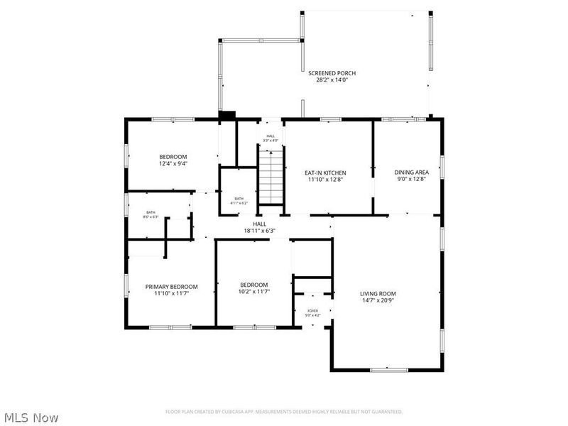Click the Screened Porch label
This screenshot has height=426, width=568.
click(x=332, y=73)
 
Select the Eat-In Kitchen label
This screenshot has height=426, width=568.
click(x=325, y=173)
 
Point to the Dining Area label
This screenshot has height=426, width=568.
click(x=412, y=173)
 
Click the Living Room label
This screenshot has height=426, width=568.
click(x=378, y=293)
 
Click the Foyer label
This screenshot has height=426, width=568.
click(x=312, y=311)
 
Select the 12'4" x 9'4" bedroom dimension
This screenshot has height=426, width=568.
click(x=173, y=164)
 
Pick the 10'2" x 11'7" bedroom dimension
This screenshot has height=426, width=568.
click(x=253, y=292)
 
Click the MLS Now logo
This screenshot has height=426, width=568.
click(x=31, y=417)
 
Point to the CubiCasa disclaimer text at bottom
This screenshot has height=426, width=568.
click(x=284, y=412)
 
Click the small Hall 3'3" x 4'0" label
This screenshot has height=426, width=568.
click(x=271, y=138)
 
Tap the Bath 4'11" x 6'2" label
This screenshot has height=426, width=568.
click(x=239, y=201)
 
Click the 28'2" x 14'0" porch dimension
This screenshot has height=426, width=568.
click(x=332, y=80)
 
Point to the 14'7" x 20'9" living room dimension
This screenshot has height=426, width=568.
click(x=378, y=300)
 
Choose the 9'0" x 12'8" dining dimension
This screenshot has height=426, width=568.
click(x=412, y=179)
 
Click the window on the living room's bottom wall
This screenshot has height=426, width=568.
click(x=388, y=369)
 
